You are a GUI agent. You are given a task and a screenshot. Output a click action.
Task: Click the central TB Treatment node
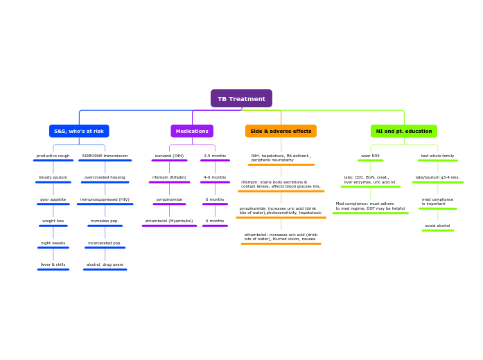coord(241,99)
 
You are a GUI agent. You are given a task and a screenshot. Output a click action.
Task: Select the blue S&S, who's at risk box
coord(79,131)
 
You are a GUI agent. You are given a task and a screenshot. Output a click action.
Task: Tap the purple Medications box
coord(192,131)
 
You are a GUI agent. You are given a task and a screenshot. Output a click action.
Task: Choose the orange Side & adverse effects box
coord(281,131)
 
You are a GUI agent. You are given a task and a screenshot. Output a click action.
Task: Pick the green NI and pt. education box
coord(403,131)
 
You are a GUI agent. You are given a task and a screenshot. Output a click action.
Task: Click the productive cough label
coord(53,156)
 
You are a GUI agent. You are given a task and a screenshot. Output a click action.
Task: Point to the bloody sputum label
coord(53,177)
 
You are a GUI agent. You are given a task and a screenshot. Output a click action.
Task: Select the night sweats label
coord(53,243)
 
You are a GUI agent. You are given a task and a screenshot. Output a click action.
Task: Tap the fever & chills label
coord(53,264)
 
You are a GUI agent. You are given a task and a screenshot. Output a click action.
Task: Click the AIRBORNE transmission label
coord(105,156)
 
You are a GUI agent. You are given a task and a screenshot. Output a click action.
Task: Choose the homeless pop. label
coord(105,221)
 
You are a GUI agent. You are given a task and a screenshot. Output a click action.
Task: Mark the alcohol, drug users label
coord(105,264)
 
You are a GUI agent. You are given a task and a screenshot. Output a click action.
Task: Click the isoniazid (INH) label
coord(169,156)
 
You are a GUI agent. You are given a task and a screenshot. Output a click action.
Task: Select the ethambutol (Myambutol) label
coord(169,221)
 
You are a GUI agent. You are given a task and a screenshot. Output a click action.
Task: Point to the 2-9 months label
coord(215,156)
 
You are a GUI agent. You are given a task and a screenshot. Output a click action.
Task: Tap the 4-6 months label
coord(215,177)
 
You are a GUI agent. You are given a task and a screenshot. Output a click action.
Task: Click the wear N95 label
coord(370,156)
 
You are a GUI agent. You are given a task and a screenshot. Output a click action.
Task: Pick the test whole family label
coord(437,156)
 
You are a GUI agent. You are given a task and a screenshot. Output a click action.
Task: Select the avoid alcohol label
coord(437,226)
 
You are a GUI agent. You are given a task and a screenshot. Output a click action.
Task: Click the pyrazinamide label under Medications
coord(169,199)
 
